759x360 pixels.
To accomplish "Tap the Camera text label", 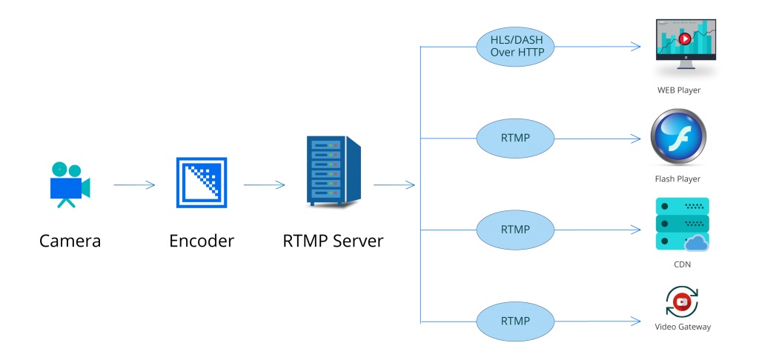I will (x=70, y=241).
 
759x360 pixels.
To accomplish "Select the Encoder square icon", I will (x=201, y=182).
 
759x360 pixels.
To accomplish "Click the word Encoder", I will (x=201, y=241).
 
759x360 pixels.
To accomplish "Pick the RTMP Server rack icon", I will (x=334, y=173).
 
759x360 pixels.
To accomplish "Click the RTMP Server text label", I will (x=333, y=241).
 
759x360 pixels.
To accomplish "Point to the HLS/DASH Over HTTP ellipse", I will (x=515, y=47).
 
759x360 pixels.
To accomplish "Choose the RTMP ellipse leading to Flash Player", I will (x=515, y=138).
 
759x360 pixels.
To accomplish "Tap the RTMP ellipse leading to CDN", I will (x=515, y=230).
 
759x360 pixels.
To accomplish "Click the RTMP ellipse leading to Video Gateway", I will (x=515, y=321).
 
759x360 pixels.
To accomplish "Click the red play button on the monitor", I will (x=685, y=39).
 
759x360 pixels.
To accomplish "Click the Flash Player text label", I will (x=677, y=179).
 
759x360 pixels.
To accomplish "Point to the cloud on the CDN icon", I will (x=697, y=242).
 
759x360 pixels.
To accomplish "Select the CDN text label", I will (x=682, y=264).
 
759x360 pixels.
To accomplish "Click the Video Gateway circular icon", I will (x=682, y=301).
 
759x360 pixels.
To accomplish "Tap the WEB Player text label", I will (x=679, y=90).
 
